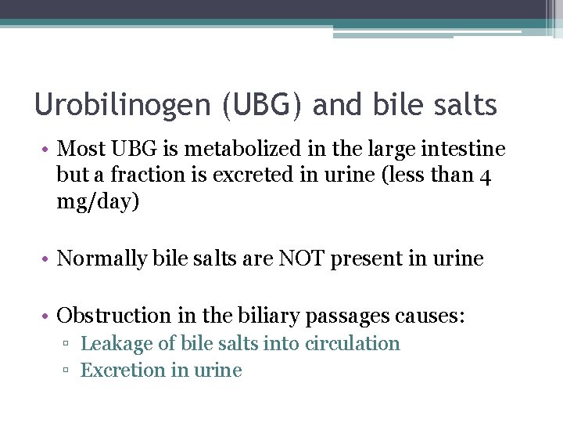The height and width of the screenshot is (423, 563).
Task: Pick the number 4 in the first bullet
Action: point(486,176)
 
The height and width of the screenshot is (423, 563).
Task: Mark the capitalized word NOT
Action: point(300,258)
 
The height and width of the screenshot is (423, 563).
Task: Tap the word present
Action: point(366,259)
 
